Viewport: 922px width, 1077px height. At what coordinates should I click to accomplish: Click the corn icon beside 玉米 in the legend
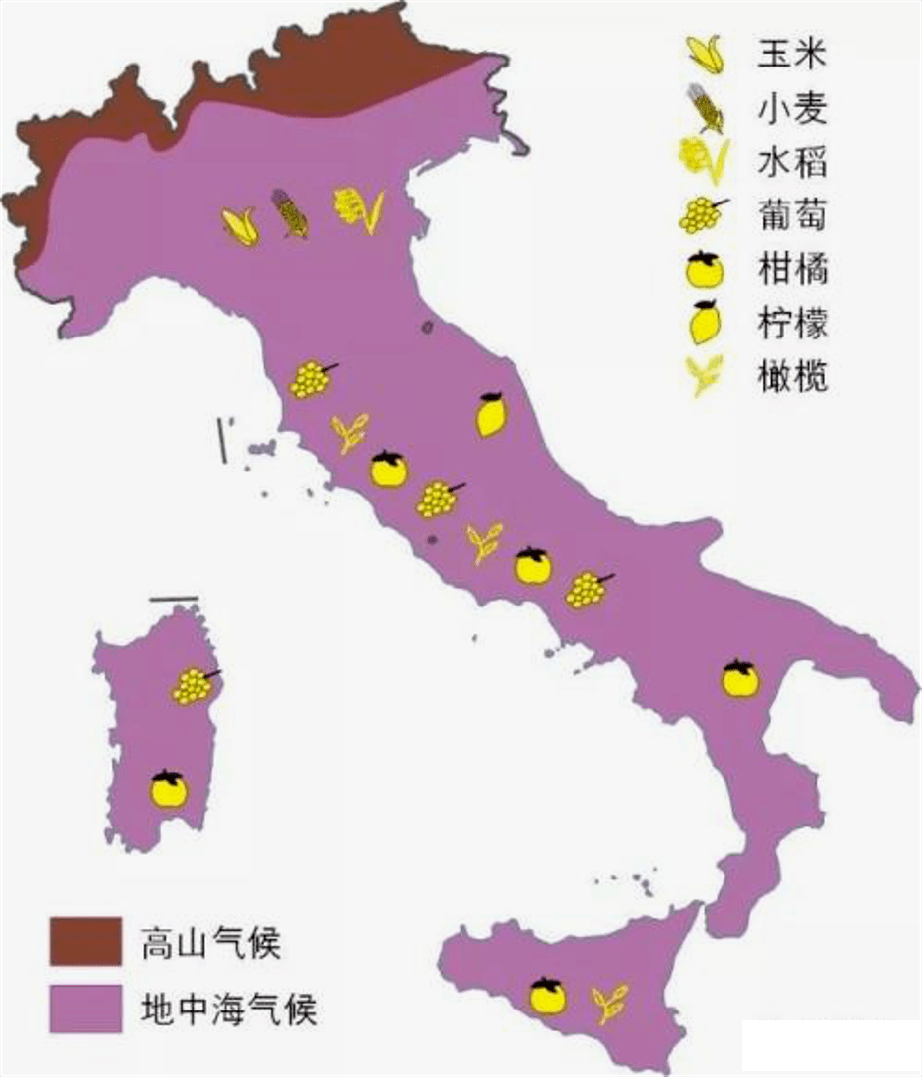[706, 54]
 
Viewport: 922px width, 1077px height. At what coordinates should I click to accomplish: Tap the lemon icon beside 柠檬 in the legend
[706, 322]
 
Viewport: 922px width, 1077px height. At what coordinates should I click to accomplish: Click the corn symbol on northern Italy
[240, 226]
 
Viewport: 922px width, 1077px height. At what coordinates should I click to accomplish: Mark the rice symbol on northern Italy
[358, 209]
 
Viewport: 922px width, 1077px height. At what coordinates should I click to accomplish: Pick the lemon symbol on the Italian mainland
[491, 414]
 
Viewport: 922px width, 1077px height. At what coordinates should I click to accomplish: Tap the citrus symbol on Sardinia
[169, 789]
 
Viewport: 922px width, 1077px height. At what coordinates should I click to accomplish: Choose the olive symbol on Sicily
[609, 1003]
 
